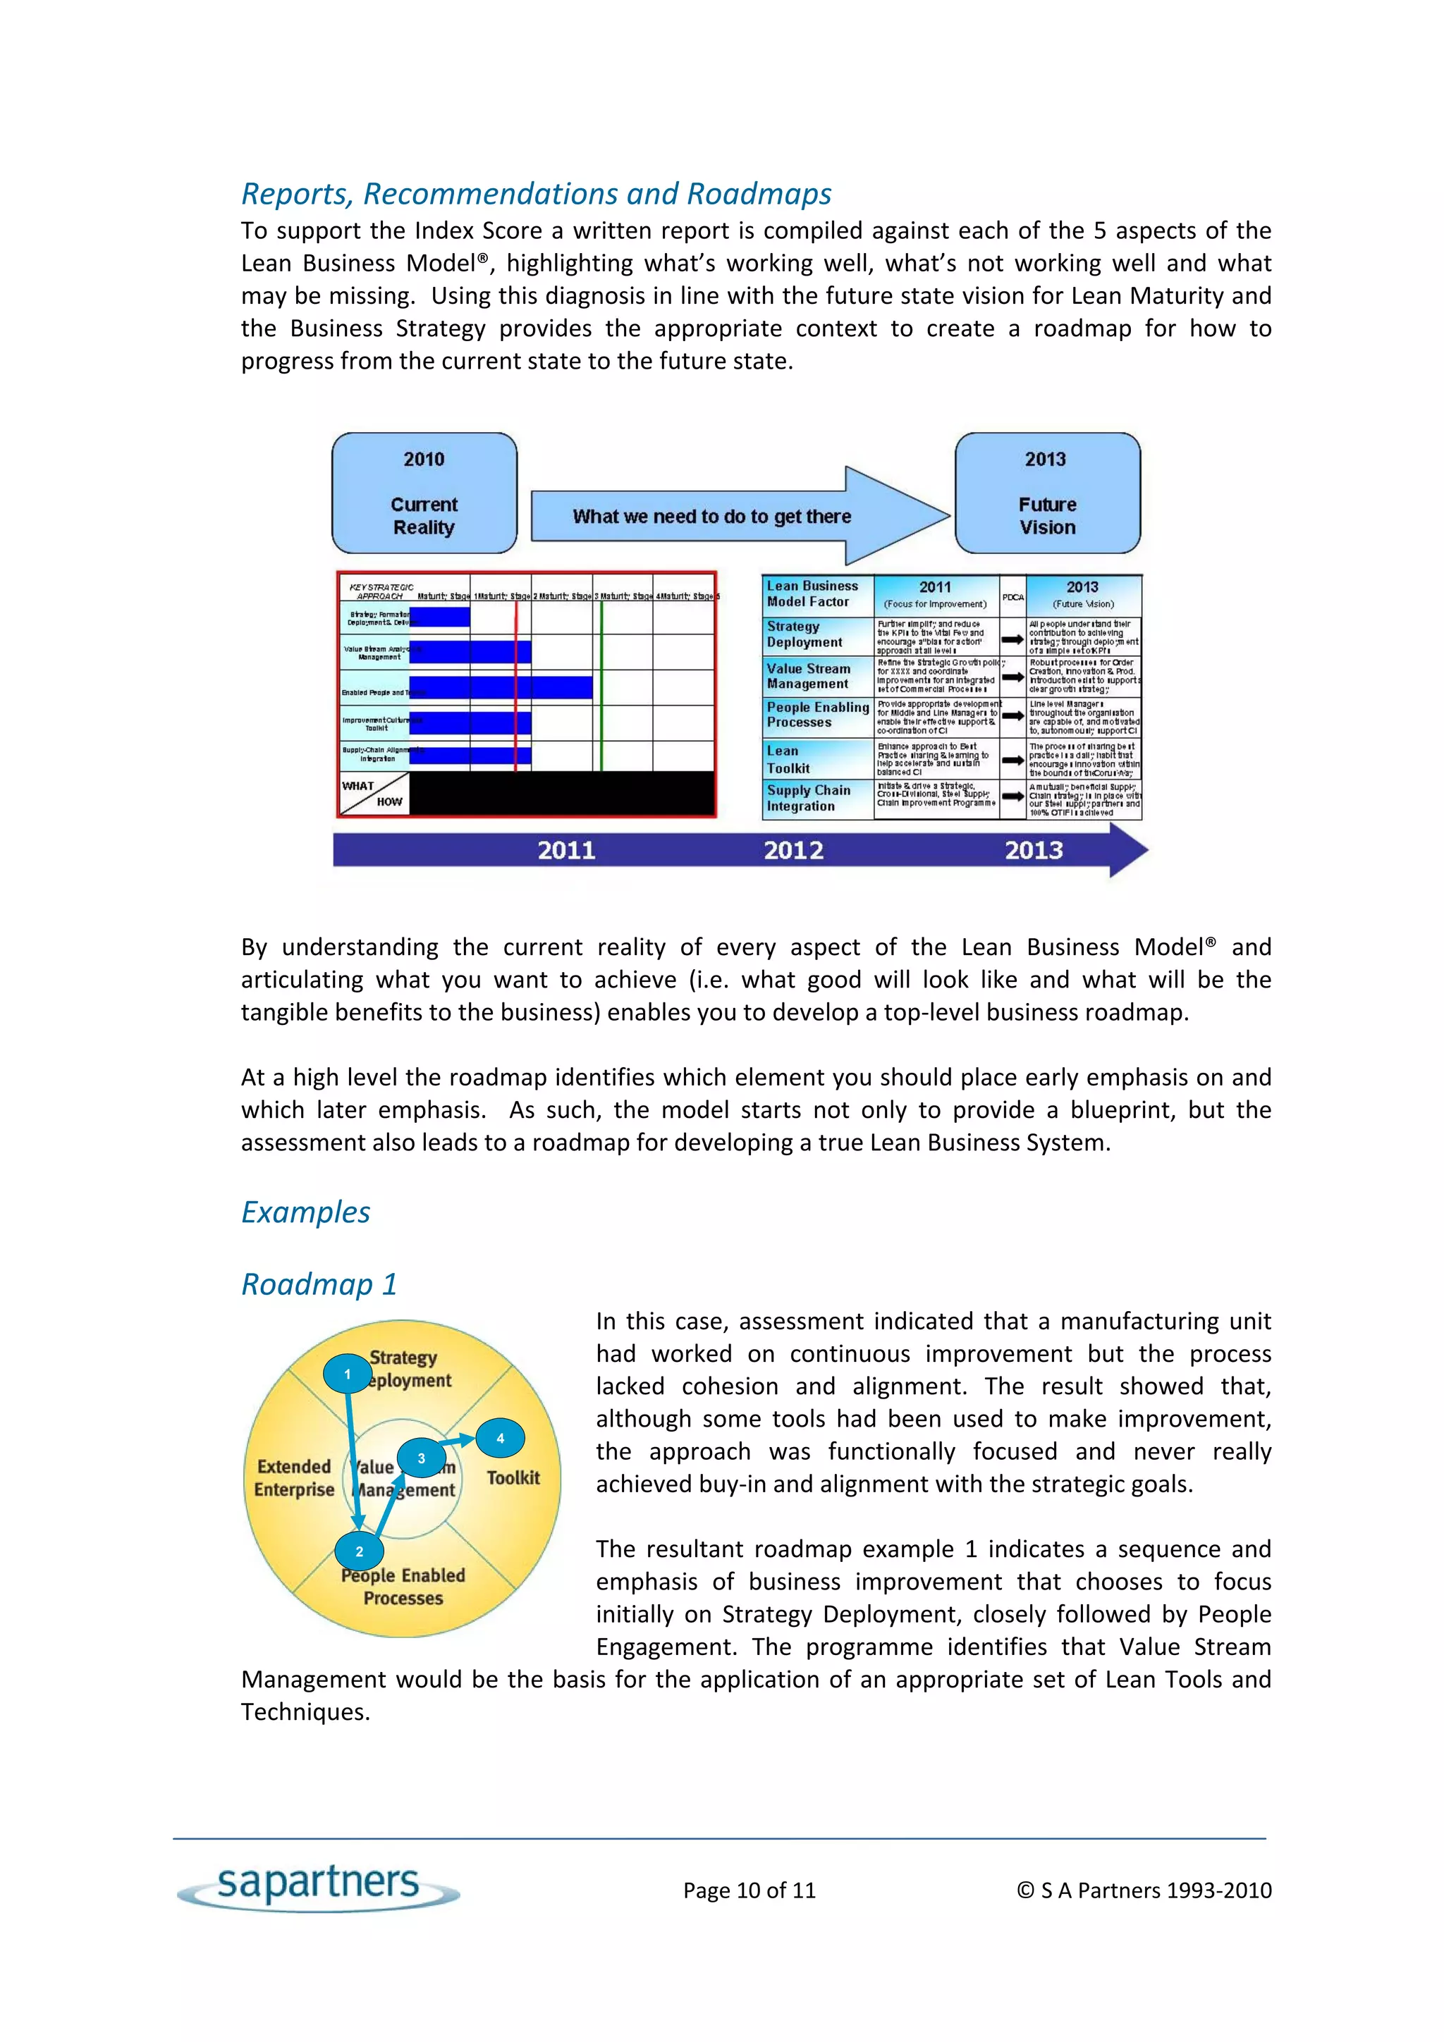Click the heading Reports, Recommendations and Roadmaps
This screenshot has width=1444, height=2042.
537,194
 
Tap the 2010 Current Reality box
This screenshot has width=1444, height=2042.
424,493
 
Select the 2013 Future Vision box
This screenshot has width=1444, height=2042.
1047,493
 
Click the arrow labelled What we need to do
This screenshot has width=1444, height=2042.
711,516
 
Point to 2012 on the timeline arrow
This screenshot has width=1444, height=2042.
794,850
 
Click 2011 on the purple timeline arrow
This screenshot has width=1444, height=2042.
566,850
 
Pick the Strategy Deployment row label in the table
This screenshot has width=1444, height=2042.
805,634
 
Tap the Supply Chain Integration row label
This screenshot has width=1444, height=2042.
808,798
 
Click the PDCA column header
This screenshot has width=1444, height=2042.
1012,597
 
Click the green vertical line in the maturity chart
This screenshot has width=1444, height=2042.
601,685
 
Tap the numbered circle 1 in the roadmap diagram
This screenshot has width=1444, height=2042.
347,1374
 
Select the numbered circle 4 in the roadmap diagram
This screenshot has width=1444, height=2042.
500,1438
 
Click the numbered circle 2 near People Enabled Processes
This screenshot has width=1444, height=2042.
360,1552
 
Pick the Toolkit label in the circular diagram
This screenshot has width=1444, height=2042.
513,1477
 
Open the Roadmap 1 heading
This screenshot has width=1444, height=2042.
319,1284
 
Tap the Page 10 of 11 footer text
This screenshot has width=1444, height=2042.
749,1890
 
